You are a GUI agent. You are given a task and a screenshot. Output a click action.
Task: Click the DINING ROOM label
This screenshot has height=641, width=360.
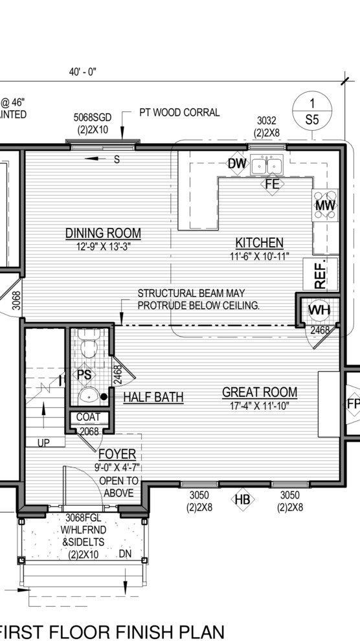click(x=103, y=233)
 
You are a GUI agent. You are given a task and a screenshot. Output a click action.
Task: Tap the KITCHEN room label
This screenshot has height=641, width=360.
click(x=259, y=243)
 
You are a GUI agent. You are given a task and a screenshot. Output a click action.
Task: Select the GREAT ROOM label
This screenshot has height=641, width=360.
click(x=260, y=392)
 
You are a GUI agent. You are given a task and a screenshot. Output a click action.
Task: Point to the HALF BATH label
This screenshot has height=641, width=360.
click(x=153, y=397)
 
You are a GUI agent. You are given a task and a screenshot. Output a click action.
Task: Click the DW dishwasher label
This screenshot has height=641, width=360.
click(x=237, y=164)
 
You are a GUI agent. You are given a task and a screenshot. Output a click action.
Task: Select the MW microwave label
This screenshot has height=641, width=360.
click(x=324, y=206)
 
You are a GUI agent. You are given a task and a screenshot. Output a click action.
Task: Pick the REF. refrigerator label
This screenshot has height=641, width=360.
click(x=322, y=274)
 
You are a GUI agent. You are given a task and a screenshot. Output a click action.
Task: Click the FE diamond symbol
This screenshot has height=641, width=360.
click(x=271, y=184)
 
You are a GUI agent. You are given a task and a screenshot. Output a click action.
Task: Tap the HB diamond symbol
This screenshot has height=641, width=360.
click(x=242, y=500)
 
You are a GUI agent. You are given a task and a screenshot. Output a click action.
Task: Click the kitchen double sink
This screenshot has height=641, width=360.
click(x=267, y=166)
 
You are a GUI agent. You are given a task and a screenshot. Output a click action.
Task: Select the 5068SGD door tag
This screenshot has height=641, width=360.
click(x=92, y=117)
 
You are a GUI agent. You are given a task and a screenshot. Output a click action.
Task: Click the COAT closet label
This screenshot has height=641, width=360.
click(x=88, y=417)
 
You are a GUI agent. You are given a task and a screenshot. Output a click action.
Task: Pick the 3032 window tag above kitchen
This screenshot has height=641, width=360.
click(x=267, y=120)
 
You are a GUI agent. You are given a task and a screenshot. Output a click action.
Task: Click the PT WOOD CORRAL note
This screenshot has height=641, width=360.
click(x=179, y=112)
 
